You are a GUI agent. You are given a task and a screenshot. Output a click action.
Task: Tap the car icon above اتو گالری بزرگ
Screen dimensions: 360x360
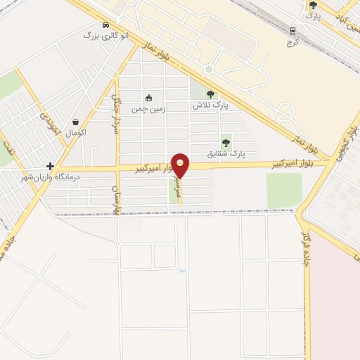click(x=105, y=23)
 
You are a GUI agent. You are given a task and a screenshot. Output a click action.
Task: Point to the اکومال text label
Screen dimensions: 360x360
click(x=75, y=133)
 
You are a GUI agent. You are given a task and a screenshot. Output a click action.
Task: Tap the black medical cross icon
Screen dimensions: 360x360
click(x=50, y=166)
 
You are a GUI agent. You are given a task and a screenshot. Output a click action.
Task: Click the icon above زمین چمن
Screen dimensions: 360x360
click(x=148, y=98)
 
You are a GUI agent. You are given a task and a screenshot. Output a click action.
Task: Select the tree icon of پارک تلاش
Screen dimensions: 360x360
click(x=210, y=94)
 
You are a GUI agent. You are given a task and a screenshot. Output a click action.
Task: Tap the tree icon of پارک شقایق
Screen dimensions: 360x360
click(x=226, y=140)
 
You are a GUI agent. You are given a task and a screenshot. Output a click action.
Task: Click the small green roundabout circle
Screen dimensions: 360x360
click(x=208, y=70)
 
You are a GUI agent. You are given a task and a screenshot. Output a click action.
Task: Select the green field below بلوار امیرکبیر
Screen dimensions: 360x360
click(x=283, y=190)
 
